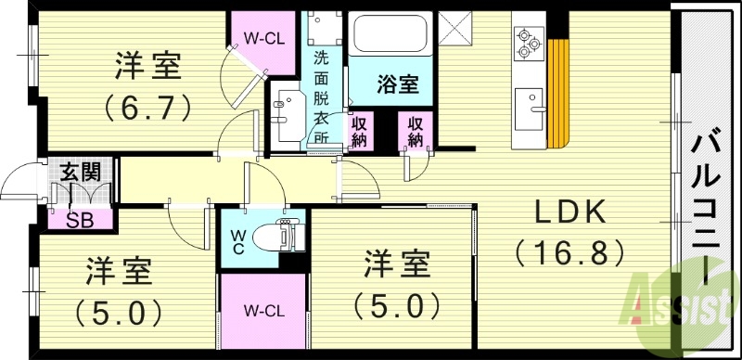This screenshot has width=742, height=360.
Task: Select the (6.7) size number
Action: coord(147,105)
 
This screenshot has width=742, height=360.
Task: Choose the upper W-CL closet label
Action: coord(263,39)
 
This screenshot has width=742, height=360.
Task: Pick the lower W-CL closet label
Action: coord(264,309)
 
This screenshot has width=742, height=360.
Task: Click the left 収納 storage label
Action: coord(359,132)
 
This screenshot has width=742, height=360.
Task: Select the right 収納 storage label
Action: coord(414,132)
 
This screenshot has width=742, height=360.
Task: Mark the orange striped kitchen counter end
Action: coord(557,97)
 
